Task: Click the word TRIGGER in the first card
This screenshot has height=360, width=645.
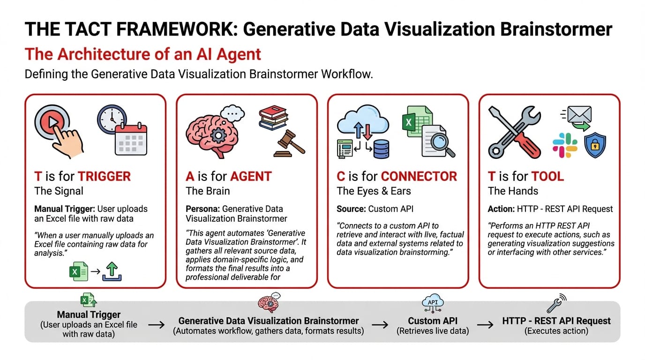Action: tap(104, 176)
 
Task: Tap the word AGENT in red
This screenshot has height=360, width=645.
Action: tap(251, 176)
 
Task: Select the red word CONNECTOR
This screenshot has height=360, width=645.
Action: tap(419, 176)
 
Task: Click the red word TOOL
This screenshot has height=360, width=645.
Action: tap(547, 176)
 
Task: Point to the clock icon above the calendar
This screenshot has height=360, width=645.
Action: tap(112, 119)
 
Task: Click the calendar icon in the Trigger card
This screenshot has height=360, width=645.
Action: tap(131, 139)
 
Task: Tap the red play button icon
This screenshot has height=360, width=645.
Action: tap(52, 122)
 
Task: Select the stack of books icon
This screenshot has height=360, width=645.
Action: tap(273, 118)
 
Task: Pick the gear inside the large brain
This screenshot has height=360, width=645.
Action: tap(218, 135)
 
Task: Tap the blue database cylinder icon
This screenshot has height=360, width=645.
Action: tap(381, 149)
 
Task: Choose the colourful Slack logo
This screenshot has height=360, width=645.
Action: tap(565, 145)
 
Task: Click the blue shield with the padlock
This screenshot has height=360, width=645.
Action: tap(595, 145)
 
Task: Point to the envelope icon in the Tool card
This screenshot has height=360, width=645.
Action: tap(579, 114)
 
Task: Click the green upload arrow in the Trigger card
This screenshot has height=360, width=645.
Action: tap(112, 271)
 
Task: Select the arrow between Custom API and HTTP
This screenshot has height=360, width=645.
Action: tap(485, 325)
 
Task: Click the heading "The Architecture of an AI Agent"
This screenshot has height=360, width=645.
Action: tap(143, 54)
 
